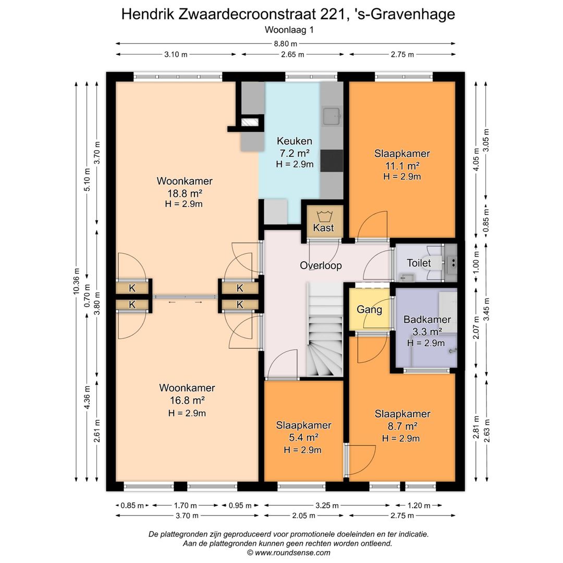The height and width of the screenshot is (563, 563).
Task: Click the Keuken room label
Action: pyautogui.click(x=294, y=141)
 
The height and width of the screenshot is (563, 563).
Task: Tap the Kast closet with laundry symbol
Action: pyautogui.click(x=323, y=222)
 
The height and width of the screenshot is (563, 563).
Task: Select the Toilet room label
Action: pyautogui.click(x=419, y=263)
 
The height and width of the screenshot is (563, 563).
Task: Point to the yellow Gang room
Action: pyautogui.click(x=369, y=310)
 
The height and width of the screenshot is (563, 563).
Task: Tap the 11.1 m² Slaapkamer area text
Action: pyautogui.click(x=401, y=165)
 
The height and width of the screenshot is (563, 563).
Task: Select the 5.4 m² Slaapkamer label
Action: pyautogui.click(x=303, y=437)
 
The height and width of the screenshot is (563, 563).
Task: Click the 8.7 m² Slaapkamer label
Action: pyautogui.click(x=402, y=426)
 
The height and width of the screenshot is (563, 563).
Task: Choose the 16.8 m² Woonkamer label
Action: pyautogui.click(x=187, y=400)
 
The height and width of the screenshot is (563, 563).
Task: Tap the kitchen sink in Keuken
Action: pyautogui.click(x=332, y=116)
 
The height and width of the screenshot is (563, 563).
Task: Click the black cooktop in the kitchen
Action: pyautogui.click(x=332, y=161)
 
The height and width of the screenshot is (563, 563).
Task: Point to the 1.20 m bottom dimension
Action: pyautogui.click(x=418, y=505)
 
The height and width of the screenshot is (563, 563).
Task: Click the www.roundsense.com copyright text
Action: pyautogui.click(x=288, y=553)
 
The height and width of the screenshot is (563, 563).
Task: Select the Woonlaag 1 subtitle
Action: pyautogui.click(x=288, y=30)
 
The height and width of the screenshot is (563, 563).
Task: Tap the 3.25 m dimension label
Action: pyautogui.click(x=327, y=505)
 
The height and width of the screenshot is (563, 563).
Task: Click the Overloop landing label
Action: pyautogui.click(x=321, y=265)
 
